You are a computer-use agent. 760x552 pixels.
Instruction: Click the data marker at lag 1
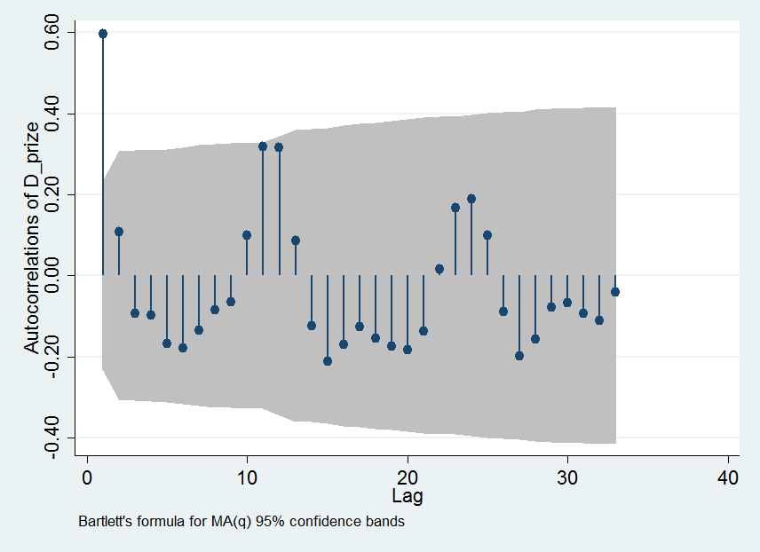tap(103, 34)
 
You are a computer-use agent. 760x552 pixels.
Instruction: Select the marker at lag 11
tap(263, 146)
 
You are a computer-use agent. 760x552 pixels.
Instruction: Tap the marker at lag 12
tap(279, 146)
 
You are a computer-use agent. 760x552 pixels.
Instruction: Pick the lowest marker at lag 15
tap(328, 360)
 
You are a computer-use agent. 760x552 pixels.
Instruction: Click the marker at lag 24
tap(471, 199)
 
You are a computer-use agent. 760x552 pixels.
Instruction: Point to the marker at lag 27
tap(519, 356)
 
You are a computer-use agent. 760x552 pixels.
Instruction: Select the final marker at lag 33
tap(615, 291)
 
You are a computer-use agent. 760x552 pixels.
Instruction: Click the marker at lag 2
tap(119, 232)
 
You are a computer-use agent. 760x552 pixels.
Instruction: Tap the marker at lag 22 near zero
tap(439, 269)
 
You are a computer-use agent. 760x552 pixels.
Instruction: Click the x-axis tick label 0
tap(87, 477)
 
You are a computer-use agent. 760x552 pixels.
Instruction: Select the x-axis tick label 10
tap(247, 477)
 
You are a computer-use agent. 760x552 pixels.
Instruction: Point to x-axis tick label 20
tap(408, 477)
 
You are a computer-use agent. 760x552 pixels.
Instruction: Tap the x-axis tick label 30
tap(567, 477)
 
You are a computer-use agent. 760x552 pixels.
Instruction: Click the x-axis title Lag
tap(408, 495)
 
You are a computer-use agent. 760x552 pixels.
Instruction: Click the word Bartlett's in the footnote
tap(105, 522)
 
